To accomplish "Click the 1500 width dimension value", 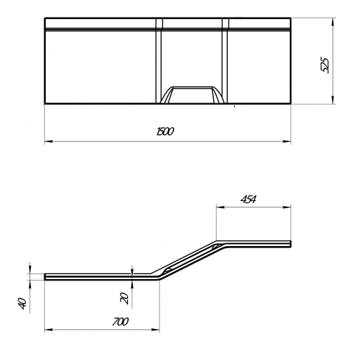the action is point(165,131).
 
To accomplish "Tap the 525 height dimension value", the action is point(325,65).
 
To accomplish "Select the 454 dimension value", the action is point(248,199).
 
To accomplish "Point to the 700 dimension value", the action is point(120,322).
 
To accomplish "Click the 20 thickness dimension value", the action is point(124,298).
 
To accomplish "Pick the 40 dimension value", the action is point(22,304).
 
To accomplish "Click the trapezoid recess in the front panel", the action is point(192,95).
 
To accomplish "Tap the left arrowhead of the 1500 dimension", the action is point(49,141).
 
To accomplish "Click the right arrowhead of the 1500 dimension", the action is point(287,141).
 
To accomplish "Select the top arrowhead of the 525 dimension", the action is point(333,22).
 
